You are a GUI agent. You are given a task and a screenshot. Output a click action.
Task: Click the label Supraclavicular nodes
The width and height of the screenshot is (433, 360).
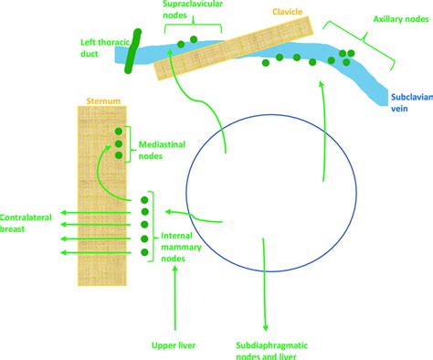[193, 12]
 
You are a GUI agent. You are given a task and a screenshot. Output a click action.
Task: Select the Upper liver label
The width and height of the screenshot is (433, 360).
[174, 344]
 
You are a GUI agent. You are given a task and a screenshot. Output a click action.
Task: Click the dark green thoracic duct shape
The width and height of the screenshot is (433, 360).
[134, 51]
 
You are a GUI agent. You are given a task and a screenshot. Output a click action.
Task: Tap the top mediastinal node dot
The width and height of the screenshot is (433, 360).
[119, 132]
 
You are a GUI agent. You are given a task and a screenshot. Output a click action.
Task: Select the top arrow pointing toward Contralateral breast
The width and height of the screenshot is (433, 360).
[64, 213]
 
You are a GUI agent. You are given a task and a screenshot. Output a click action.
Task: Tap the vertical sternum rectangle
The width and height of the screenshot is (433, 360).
[99, 192]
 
